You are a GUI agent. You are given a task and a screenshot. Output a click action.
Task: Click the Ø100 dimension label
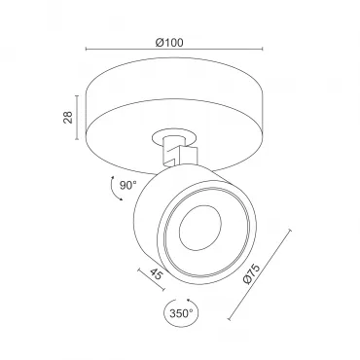tap(169, 43)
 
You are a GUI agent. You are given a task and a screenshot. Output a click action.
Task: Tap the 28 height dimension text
tap(68, 118)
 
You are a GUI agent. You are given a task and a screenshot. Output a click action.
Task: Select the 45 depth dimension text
tap(156, 274)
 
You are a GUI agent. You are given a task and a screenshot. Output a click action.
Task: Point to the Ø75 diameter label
tap(251, 274)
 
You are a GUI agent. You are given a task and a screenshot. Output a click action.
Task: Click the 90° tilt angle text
tap(128, 186)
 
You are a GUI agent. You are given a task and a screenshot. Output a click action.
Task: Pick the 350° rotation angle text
tap(181, 313)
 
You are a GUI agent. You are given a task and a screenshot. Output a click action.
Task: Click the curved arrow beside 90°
tap(114, 189)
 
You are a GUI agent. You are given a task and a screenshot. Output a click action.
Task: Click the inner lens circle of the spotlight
tap(200, 228)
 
